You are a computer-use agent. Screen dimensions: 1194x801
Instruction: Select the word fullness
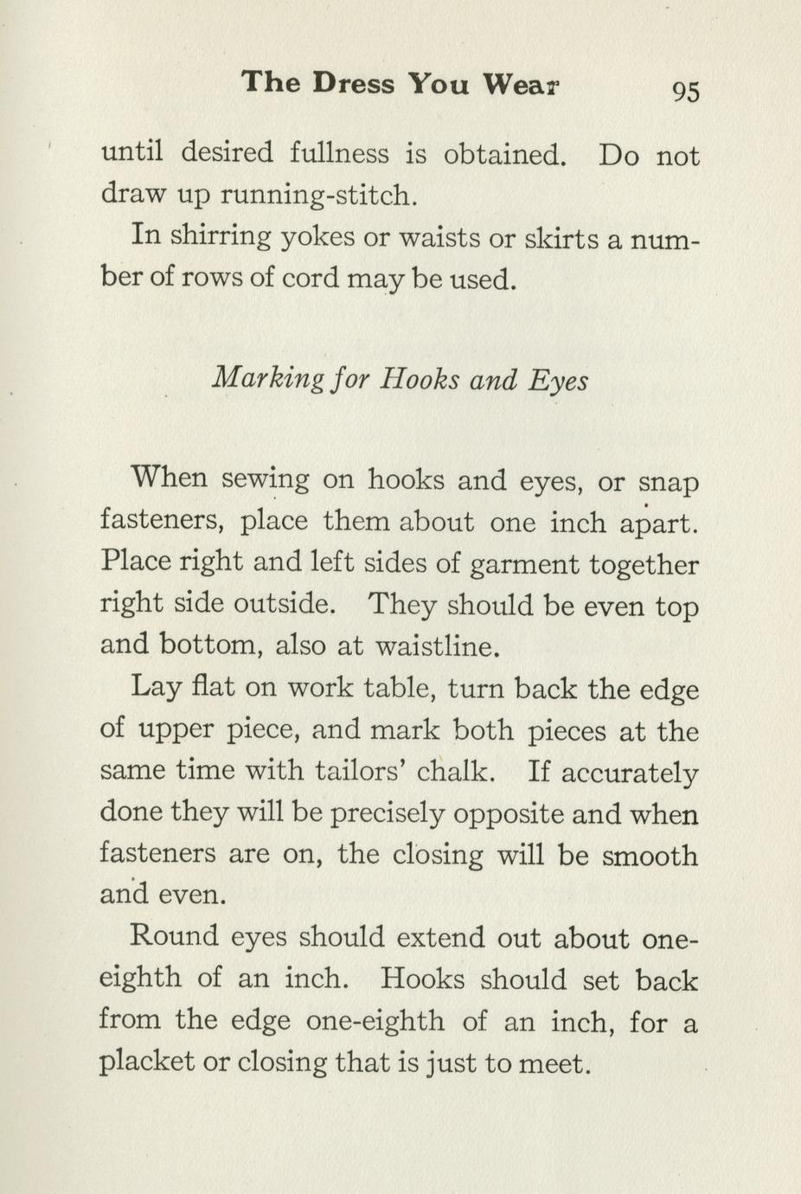coord(339,154)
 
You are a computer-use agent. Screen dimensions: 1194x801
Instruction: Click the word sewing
coord(266,480)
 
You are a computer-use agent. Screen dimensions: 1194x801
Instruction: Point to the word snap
coord(669,483)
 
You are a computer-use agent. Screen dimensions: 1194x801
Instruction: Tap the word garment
coord(524,565)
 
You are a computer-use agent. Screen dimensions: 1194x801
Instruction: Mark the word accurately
coord(630,772)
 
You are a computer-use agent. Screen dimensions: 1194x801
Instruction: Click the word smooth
coord(650,855)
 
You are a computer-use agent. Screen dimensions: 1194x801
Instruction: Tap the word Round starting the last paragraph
coord(172,936)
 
